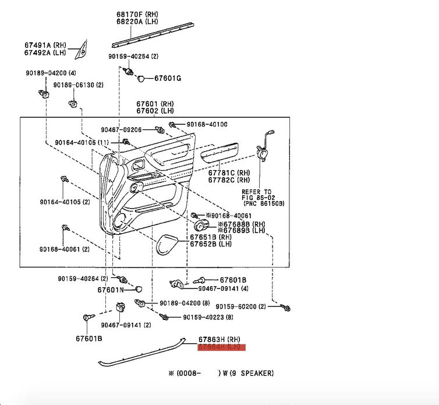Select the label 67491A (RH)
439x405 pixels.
(45, 45)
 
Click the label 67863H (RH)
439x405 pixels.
(219, 339)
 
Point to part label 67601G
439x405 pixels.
(168, 78)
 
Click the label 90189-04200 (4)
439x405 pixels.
(50, 73)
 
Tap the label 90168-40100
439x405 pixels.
(207, 124)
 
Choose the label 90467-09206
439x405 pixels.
(121, 129)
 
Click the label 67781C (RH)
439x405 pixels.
(229, 172)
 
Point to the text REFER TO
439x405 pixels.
(257, 191)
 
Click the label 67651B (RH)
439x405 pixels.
(211, 238)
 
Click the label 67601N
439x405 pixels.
(111, 290)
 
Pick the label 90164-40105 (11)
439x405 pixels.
(82, 143)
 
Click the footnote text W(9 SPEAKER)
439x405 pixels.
(247, 373)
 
